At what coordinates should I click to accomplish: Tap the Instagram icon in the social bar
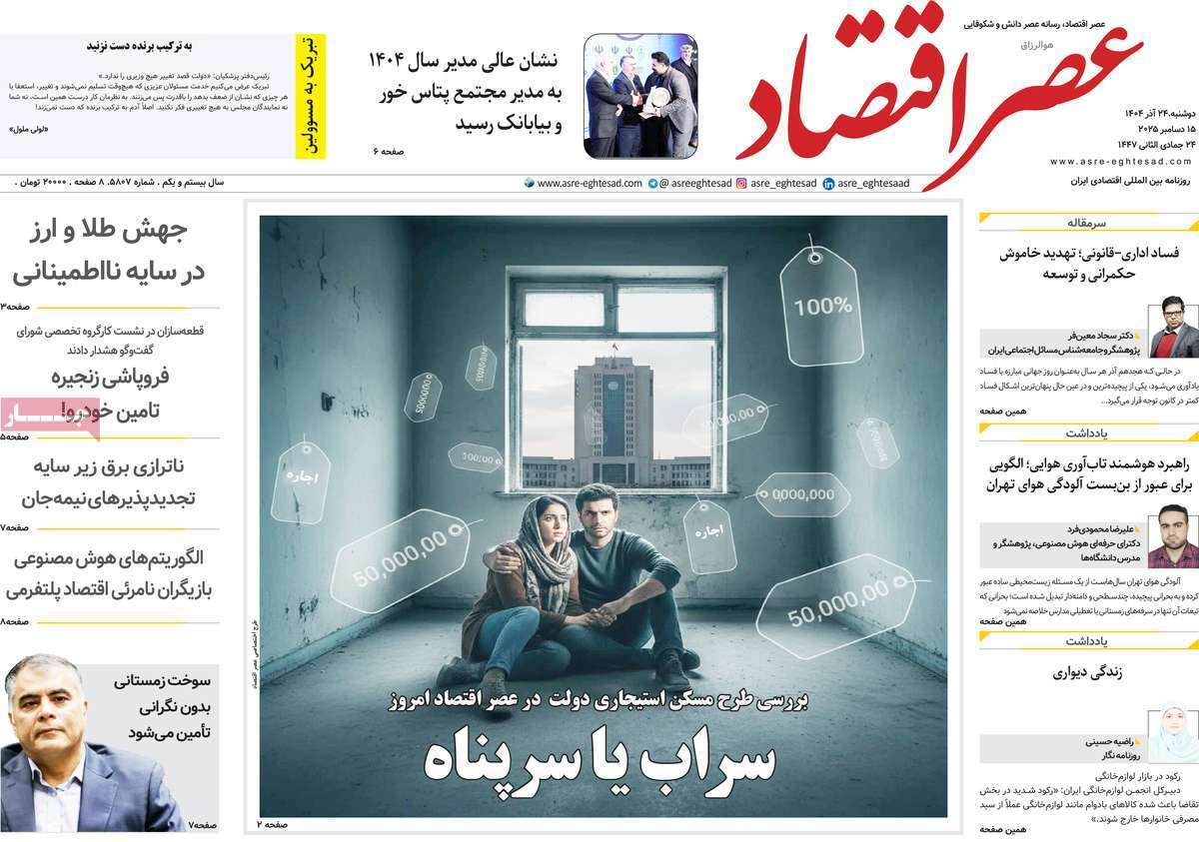741,184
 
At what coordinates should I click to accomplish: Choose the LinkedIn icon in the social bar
828,184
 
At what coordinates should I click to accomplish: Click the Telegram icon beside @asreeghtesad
652,184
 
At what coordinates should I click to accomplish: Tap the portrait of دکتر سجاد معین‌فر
1173,327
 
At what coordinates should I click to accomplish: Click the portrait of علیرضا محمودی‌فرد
1173,536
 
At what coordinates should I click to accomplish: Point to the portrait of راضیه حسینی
1173,733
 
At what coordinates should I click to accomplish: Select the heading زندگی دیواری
1087,672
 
